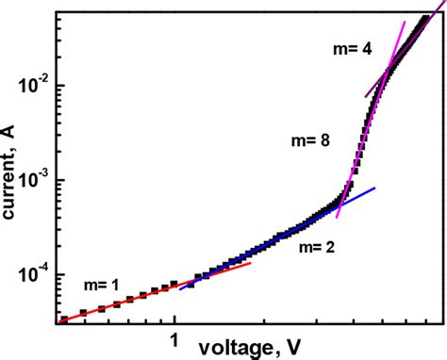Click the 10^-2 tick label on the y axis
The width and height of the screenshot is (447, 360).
pyautogui.click(x=36, y=86)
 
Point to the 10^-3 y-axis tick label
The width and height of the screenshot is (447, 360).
pyautogui.click(x=36, y=181)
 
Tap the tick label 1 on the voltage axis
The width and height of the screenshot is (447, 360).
pyautogui.click(x=174, y=335)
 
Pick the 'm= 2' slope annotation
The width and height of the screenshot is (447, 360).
pyautogui.click(x=318, y=248)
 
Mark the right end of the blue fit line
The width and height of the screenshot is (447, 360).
pyautogui.click(x=374, y=189)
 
